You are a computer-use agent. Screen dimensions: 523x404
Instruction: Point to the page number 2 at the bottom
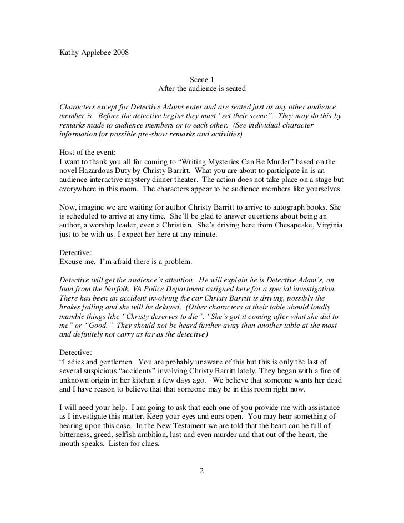coord(202,471)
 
